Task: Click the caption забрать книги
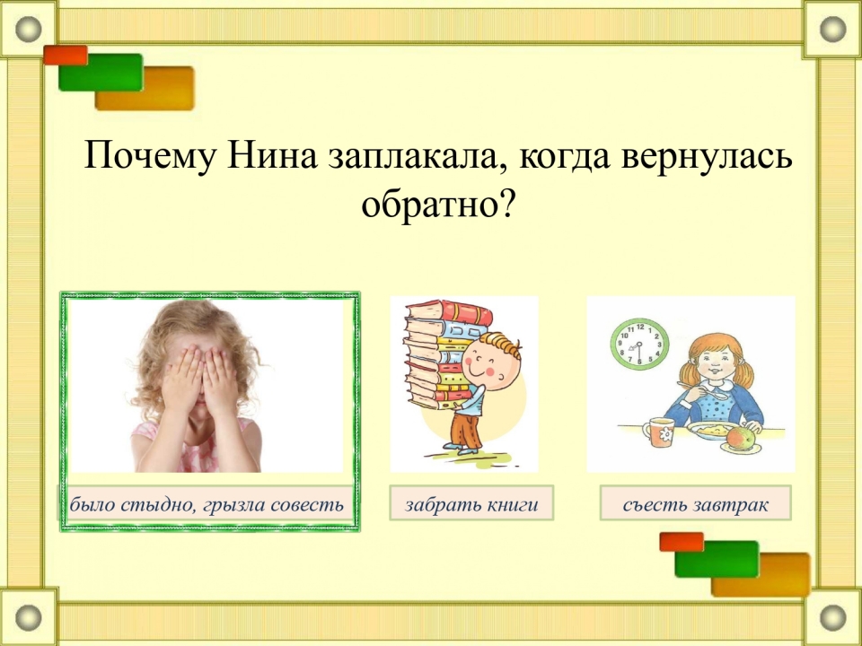[x=471, y=504]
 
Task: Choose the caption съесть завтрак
[x=695, y=504]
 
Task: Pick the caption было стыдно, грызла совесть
[x=207, y=504]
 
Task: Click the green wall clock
[x=639, y=345]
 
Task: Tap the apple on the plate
[x=741, y=439]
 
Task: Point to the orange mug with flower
[x=657, y=432]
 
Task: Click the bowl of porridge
[x=712, y=431]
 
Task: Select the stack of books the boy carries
[x=444, y=354]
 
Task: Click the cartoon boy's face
[x=489, y=363]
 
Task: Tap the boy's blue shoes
[x=461, y=449]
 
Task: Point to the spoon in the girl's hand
[x=707, y=390]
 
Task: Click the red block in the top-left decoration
[x=66, y=55]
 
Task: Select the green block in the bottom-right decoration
[x=717, y=559]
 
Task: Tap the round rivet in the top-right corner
[x=833, y=29]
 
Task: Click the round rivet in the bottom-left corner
[x=29, y=617]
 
